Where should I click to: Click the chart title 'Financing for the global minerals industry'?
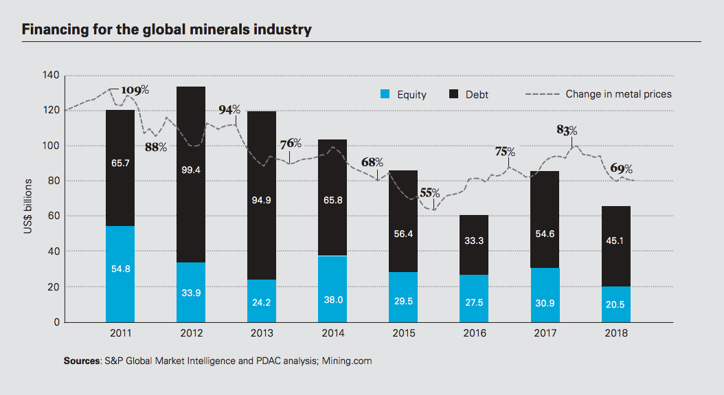coord(167,30)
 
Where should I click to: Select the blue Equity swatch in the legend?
coord(386,94)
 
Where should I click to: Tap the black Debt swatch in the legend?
coord(454,94)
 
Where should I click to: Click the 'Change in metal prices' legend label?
coord(618,94)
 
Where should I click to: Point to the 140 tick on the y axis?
coord(52,75)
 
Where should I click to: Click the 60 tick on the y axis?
coord(54,216)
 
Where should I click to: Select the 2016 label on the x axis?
coord(474,334)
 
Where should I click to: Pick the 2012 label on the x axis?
coord(191,334)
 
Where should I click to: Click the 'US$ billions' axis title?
coord(28,207)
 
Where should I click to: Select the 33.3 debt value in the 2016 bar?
coord(474,241)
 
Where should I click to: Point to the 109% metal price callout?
coord(135,90)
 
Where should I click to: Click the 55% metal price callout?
coord(430,193)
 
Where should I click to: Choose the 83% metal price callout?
coord(567,130)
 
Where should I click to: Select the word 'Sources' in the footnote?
coord(81,361)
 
